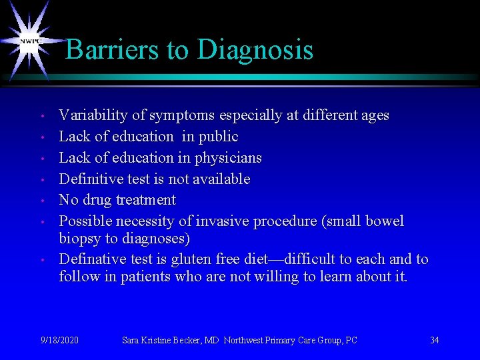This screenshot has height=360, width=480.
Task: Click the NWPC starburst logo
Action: (30, 41)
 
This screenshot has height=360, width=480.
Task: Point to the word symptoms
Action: (176, 115)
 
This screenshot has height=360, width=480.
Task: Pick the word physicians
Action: (229, 158)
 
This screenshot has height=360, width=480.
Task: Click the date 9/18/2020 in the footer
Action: (59, 340)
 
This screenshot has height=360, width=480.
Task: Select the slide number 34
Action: (434, 340)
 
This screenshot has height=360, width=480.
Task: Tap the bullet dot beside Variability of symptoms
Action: (41, 117)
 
